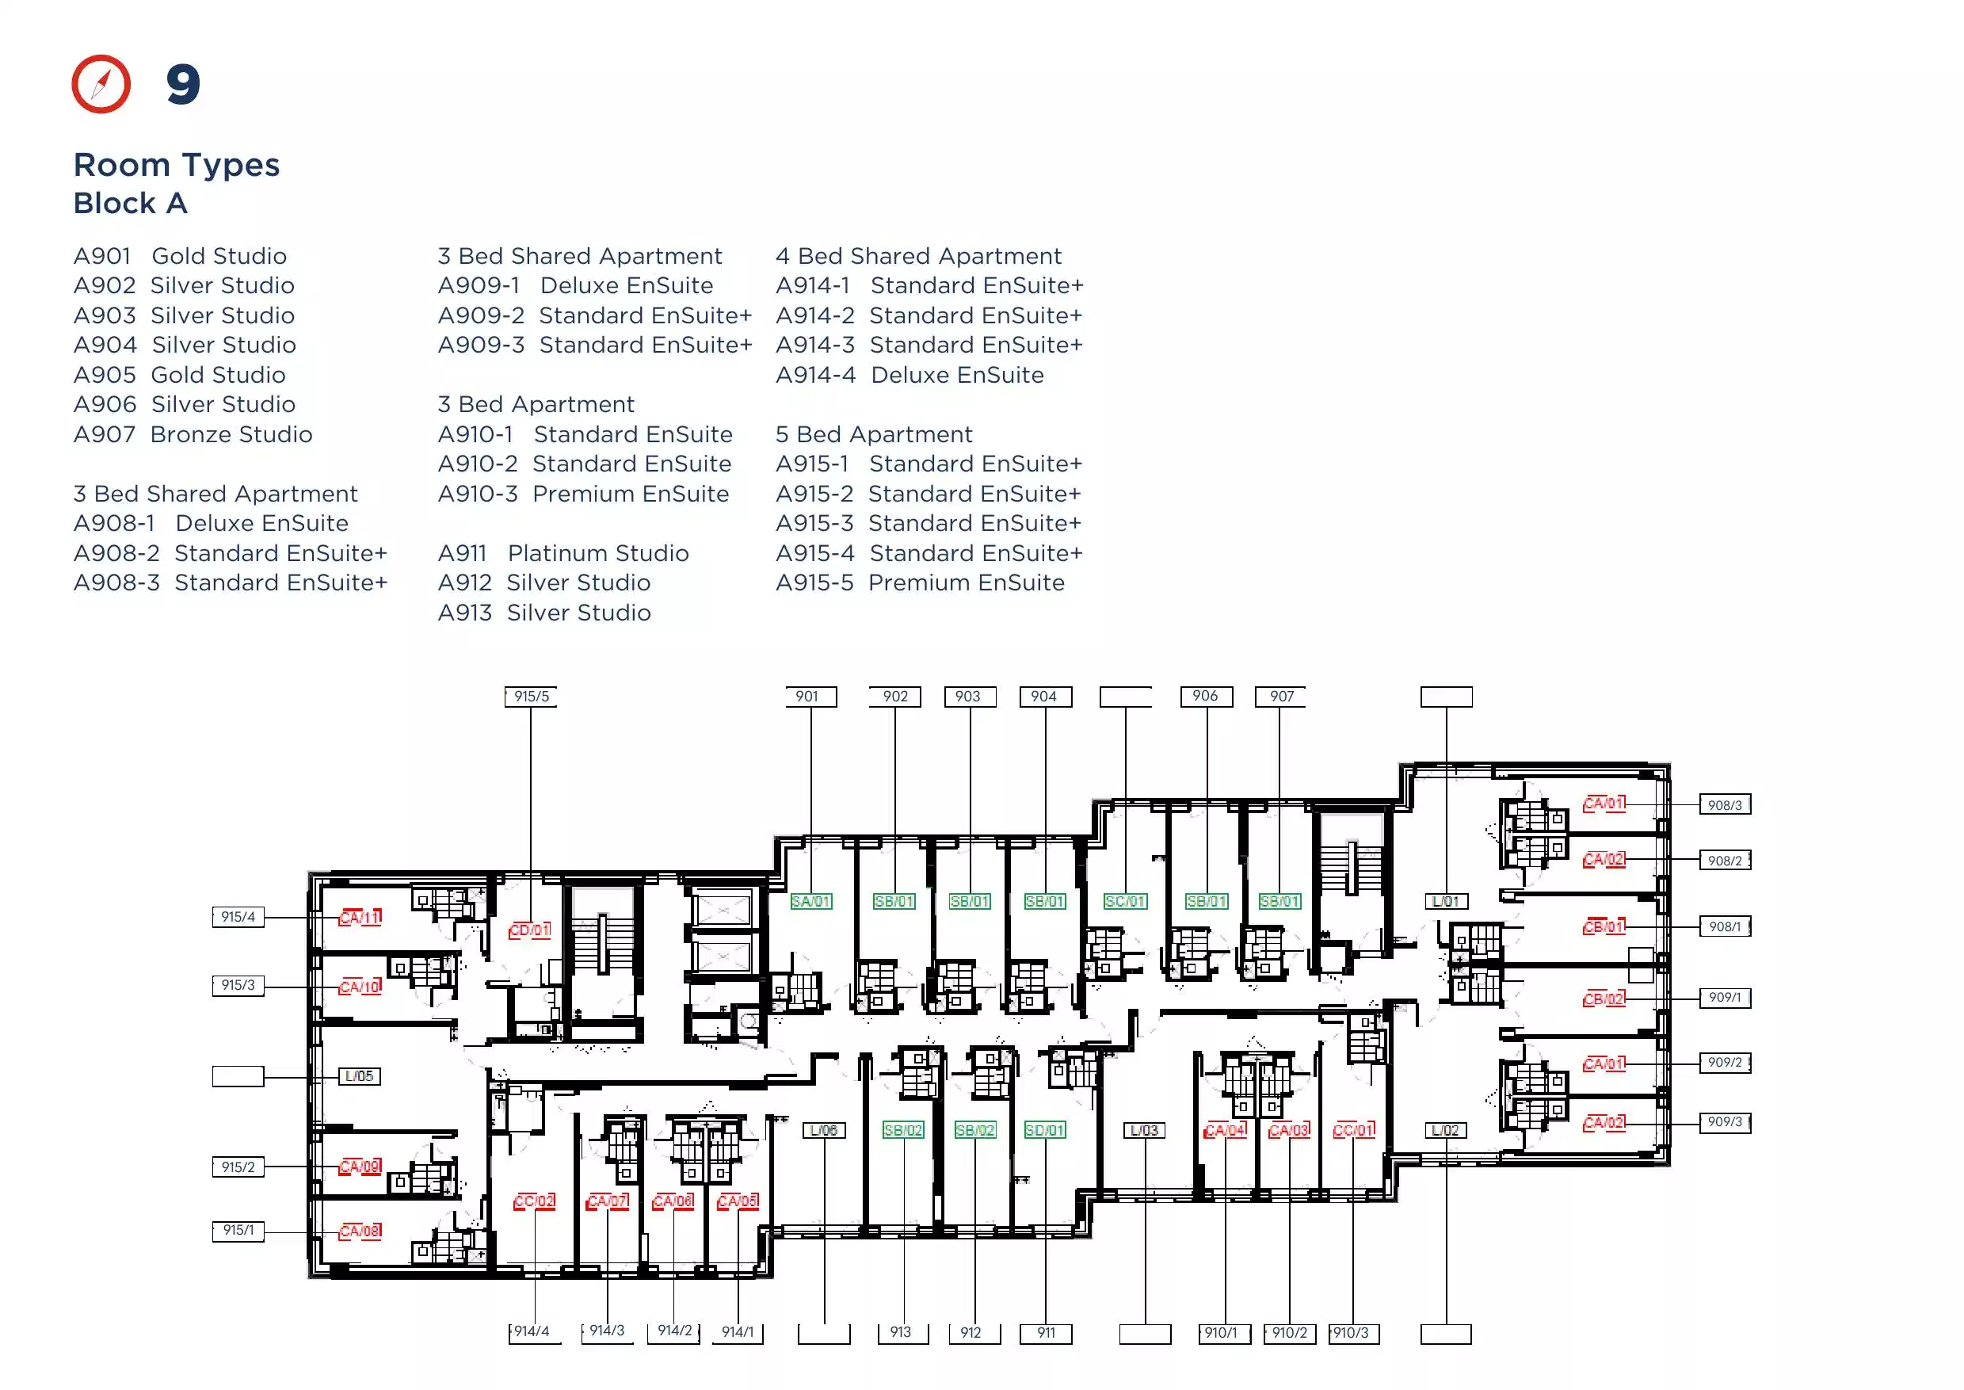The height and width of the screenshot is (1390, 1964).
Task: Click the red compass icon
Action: [101, 84]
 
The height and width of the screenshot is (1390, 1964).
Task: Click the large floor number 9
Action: [183, 85]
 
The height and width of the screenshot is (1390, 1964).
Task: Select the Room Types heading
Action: [177, 164]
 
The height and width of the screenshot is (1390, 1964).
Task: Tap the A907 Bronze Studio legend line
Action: [193, 434]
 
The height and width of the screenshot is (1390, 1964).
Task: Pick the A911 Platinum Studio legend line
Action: [563, 553]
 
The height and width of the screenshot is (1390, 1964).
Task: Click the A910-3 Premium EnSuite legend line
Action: [584, 494]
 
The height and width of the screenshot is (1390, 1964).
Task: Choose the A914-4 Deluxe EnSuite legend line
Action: [910, 375]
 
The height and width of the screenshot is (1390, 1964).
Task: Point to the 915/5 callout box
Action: [532, 697]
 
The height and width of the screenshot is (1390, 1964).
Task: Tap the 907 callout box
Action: [1281, 697]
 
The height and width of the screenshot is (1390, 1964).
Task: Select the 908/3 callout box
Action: [1725, 804]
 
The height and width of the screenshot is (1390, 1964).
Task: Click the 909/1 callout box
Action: [1725, 997]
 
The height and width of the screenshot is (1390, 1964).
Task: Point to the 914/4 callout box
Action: [534, 1333]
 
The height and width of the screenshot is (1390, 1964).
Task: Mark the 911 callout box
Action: [1046, 1334]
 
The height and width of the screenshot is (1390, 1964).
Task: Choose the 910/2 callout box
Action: [1290, 1334]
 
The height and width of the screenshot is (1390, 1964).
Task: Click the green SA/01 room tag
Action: [810, 901]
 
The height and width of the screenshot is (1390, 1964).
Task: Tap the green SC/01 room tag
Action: [1124, 901]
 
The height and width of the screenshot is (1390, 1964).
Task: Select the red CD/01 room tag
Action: [530, 930]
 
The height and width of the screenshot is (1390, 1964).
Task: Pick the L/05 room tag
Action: [360, 1076]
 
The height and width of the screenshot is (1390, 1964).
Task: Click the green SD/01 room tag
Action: [1045, 1130]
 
